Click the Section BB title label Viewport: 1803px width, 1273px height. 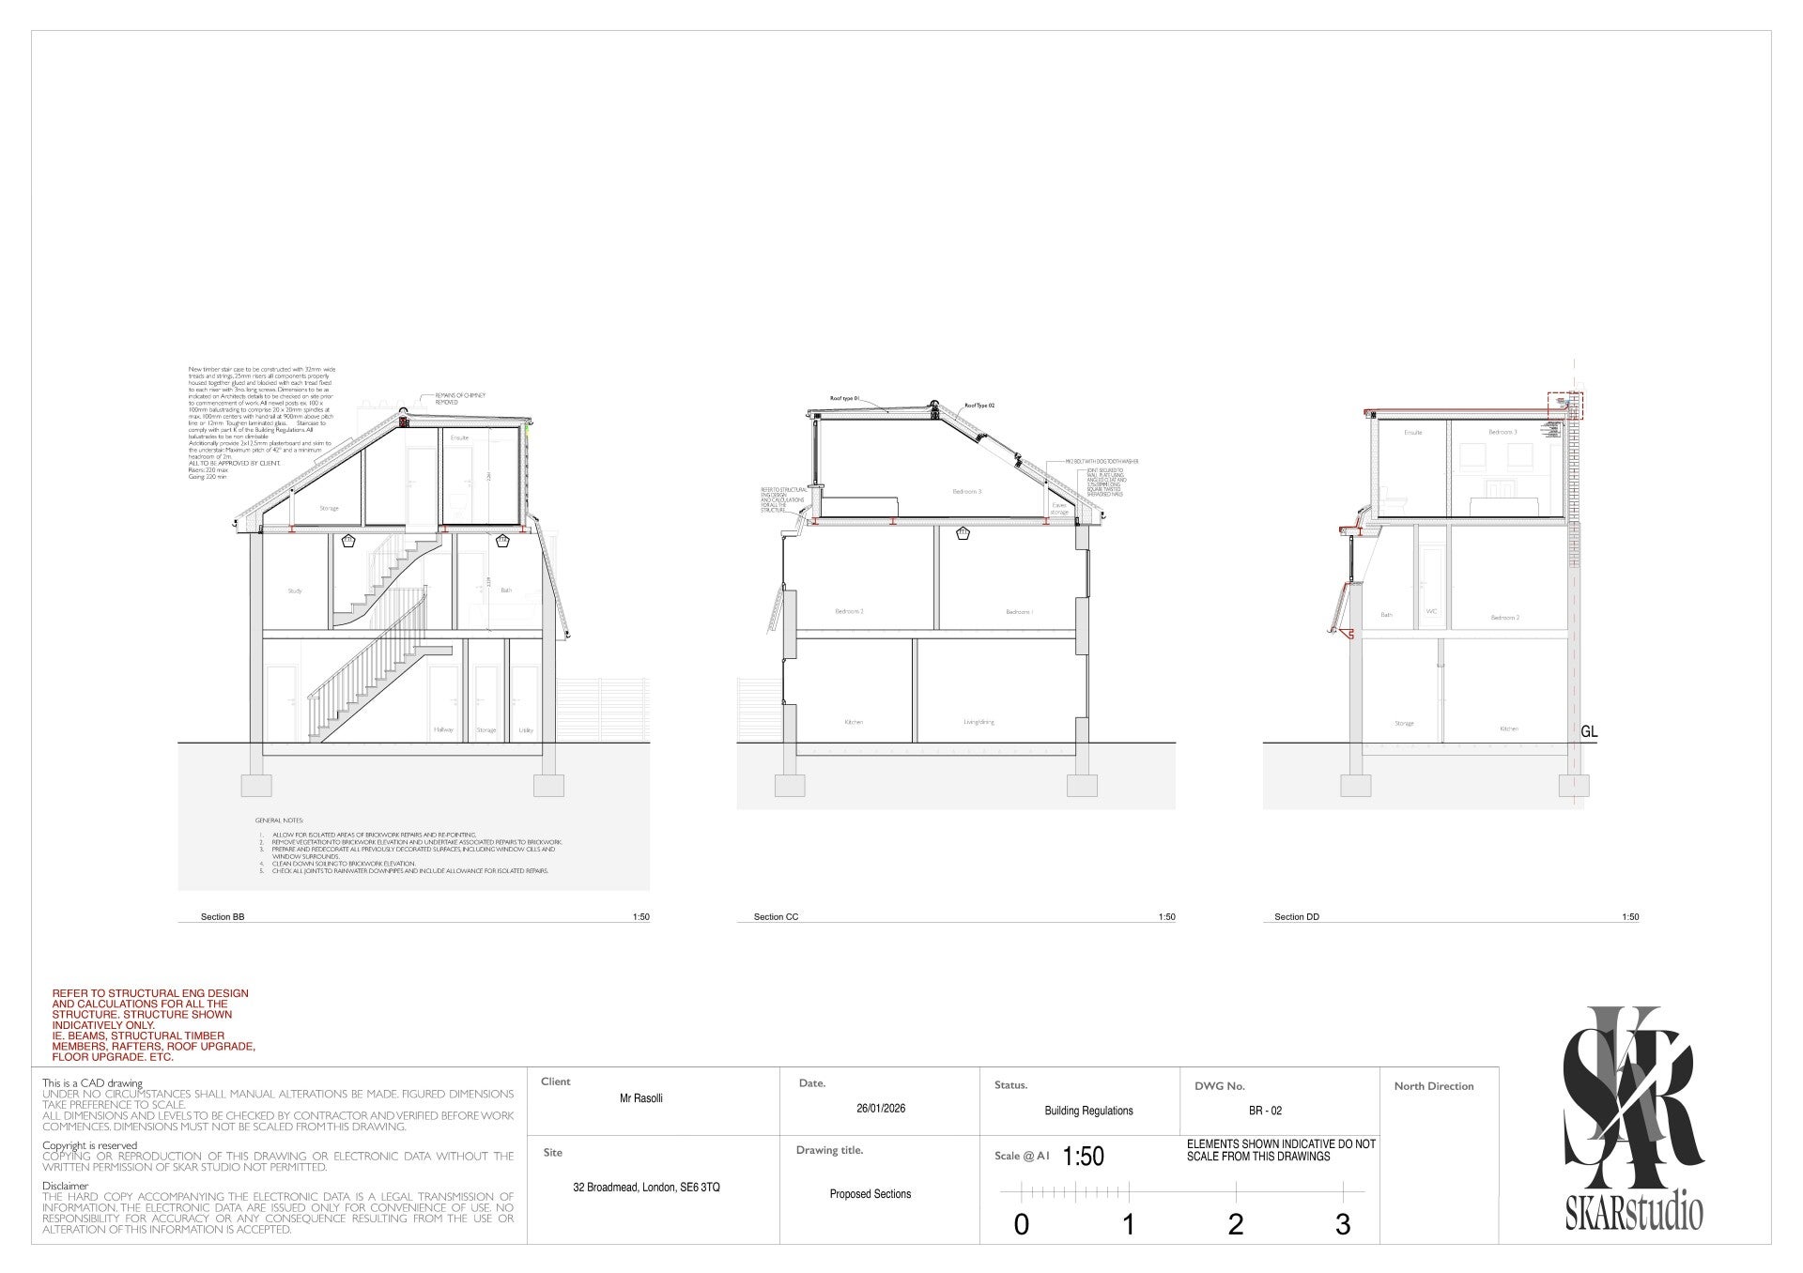coord(223,916)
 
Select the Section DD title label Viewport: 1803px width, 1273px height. coord(1296,916)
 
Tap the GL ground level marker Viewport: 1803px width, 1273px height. coord(1589,732)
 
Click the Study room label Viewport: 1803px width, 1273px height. coord(294,590)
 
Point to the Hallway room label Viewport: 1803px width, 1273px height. coord(443,729)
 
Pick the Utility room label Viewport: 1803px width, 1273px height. coord(525,729)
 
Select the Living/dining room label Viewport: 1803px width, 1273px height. coord(979,722)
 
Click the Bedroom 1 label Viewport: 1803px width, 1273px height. coord(1018,611)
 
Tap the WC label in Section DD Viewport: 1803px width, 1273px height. coord(1431,611)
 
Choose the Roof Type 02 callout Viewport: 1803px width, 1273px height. coord(979,406)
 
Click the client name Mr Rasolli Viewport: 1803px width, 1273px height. coord(641,1097)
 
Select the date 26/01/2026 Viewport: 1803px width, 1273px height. coord(881,1108)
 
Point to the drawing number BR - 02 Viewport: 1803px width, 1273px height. coord(1265,1111)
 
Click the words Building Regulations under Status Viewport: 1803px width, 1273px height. coord(1088,1111)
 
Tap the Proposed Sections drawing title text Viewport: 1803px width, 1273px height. coord(871,1194)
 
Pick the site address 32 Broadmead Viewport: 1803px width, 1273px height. coord(646,1187)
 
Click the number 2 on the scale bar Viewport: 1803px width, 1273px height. coord(1235,1224)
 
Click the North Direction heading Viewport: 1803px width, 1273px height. coord(1433,1086)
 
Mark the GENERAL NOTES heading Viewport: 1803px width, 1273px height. coord(273,821)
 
